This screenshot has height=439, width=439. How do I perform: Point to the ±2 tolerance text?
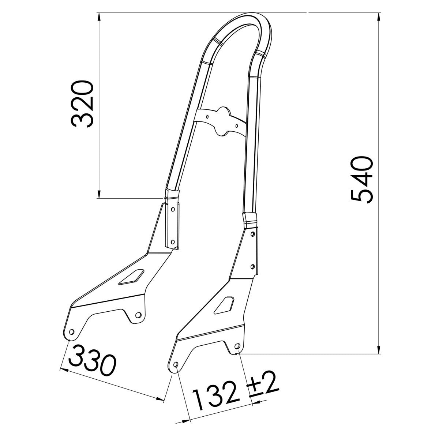click(264, 387)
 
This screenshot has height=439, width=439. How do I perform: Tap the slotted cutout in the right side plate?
click(224, 304)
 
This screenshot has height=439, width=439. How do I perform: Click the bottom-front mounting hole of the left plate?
click(71, 331)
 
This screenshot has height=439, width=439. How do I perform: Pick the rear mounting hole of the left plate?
click(138, 315)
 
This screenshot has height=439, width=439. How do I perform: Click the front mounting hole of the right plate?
click(175, 365)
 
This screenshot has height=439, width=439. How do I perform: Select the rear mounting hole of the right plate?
click(236, 346)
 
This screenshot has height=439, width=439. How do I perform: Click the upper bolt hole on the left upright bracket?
click(173, 209)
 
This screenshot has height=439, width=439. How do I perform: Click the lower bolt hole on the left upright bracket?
click(172, 241)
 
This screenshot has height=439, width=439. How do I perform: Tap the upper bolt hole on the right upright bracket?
click(252, 234)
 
